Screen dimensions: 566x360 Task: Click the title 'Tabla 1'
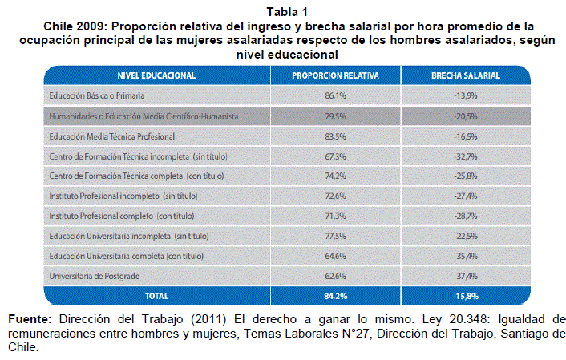[x=287, y=12]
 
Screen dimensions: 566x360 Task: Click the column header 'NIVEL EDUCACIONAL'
[x=156, y=75]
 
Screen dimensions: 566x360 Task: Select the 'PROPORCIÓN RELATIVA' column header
[x=335, y=75]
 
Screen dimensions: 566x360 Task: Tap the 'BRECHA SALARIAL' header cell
[x=466, y=75]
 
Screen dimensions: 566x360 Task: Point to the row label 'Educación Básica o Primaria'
[x=97, y=95]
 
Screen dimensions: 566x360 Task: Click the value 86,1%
[x=335, y=95]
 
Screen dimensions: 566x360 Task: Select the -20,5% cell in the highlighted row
[x=466, y=116]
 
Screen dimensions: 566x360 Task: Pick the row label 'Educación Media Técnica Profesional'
[x=112, y=136]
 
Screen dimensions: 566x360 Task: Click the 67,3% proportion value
[x=335, y=156]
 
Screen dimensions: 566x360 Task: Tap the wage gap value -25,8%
[x=466, y=176]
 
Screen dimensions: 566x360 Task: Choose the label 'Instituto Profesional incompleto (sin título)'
[x=123, y=196]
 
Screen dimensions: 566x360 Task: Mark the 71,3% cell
[x=335, y=216]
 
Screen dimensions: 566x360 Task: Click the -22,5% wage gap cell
[x=466, y=236]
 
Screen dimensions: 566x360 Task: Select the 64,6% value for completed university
[x=335, y=256]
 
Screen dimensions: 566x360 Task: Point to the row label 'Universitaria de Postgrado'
[x=95, y=277]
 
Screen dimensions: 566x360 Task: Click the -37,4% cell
[x=466, y=277]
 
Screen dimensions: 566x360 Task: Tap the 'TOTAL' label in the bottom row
[x=156, y=296]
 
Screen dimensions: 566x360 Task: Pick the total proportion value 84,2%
[x=335, y=296]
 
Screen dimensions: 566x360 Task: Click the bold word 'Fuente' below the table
[x=28, y=319]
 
